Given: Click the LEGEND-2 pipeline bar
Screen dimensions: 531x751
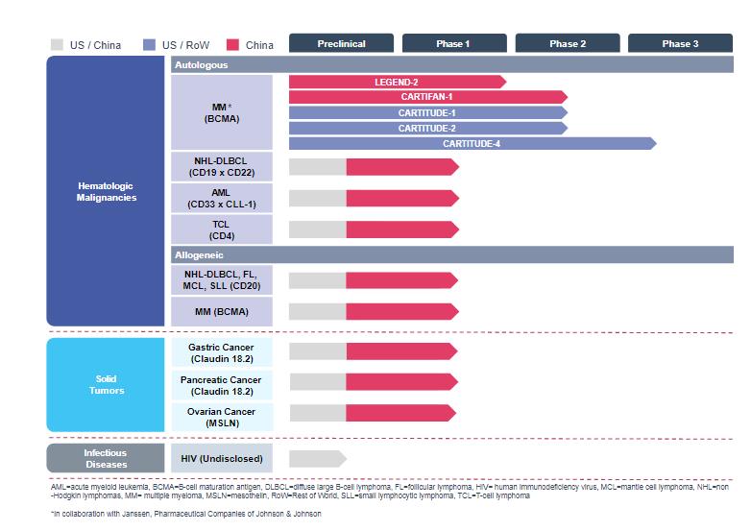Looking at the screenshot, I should [397, 82].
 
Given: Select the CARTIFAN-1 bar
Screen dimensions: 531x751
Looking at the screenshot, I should [426, 97].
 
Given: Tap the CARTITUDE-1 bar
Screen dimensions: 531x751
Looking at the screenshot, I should [426, 112].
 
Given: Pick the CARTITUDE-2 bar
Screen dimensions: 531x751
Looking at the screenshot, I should [426, 128].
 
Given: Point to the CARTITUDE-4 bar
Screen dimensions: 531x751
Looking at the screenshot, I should [472, 143].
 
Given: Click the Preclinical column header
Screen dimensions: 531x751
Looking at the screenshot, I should [341, 43].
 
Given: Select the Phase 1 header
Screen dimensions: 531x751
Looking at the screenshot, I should [453, 43].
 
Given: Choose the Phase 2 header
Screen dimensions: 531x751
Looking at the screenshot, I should [567, 43].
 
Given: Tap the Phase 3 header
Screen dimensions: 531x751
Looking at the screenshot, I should [680, 43].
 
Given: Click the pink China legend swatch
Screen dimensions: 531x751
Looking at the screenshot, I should [233, 44].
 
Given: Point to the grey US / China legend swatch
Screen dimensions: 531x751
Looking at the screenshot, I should [57, 44].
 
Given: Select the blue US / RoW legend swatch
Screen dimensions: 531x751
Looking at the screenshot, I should [149, 44].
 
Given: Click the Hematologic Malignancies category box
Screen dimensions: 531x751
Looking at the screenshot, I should [106, 191].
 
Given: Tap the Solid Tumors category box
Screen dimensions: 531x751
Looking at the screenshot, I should [106, 384].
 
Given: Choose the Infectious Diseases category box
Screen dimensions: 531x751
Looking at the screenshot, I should [106, 458].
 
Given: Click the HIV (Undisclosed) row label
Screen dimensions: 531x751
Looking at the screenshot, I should [221, 458].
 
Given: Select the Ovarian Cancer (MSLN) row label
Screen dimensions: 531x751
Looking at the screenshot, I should [221, 417].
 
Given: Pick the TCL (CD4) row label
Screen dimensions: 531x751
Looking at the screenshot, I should [221, 229].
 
